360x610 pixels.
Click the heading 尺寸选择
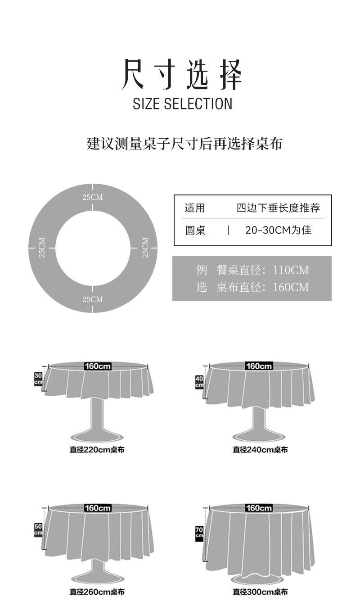pyautogui.click(x=182, y=74)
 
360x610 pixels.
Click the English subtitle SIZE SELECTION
pyautogui.click(x=182, y=104)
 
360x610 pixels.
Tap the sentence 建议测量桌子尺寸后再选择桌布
pyautogui.click(x=184, y=144)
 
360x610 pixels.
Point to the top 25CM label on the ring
pyautogui.click(x=93, y=197)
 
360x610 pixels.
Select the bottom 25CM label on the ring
pyautogui.click(x=93, y=299)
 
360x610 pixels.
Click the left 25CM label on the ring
pyautogui.click(x=42, y=248)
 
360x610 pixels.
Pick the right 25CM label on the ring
pyautogui.click(x=145, y=248)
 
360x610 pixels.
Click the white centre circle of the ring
pyautogui.click(x=93, y=248)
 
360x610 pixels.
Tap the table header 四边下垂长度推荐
pyautogui.click(x=278, y=208)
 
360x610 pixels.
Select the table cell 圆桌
pyautogui.click(x=195, y=230)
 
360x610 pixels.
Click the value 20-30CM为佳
pyautogui.click(x=278, y=230)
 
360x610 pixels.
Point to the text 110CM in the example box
pyautogui.click(x=291, y=270)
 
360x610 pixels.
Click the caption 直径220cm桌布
pyautogui.click(x=97, y=450)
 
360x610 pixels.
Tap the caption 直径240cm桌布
pyautogui.click(x=260, y=450)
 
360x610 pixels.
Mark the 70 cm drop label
pyautogui.click(x=199, y=533)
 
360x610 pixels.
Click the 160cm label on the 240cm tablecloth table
pyautogui.click(x=259, y=366)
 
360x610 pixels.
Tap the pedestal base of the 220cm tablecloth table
pyautogui.click(x=97, y=436)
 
